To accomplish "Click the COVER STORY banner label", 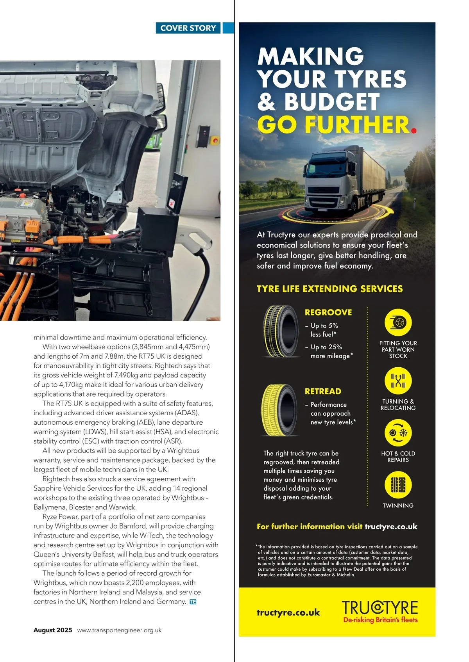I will coord(188,28).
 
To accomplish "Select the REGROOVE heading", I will coord(328,312).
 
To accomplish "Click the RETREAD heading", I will coord(323,391).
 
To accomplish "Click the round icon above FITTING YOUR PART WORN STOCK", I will coord(398,322).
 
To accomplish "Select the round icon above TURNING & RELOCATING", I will coord(398,381).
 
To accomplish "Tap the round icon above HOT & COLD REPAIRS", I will coord(398,433).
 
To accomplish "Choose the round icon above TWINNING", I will coord(398,485).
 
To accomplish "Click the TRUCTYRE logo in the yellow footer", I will coord(380,607).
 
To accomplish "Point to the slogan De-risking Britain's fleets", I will coord(380,620).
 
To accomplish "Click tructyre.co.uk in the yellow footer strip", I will coord(288,612).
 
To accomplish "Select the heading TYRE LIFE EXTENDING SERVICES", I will coord(329,289).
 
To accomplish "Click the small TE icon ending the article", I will coord(193,601).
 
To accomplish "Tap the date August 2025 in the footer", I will coord(53,630).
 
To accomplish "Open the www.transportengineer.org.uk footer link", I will coord(119,630).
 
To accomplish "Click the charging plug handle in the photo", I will coord(195,240).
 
